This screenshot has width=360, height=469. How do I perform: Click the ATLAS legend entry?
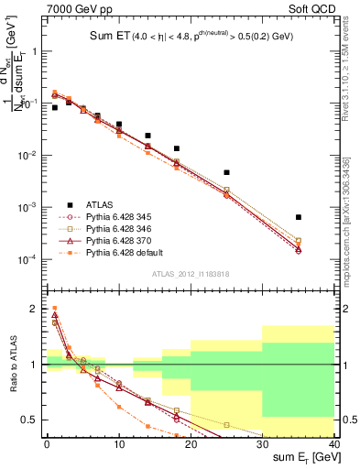(100, 204)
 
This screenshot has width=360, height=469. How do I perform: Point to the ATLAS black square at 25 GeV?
(226, 172)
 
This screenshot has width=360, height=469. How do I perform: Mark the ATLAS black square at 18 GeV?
(177, 148)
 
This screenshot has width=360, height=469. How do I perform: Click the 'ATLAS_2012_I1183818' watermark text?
(190, 275)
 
